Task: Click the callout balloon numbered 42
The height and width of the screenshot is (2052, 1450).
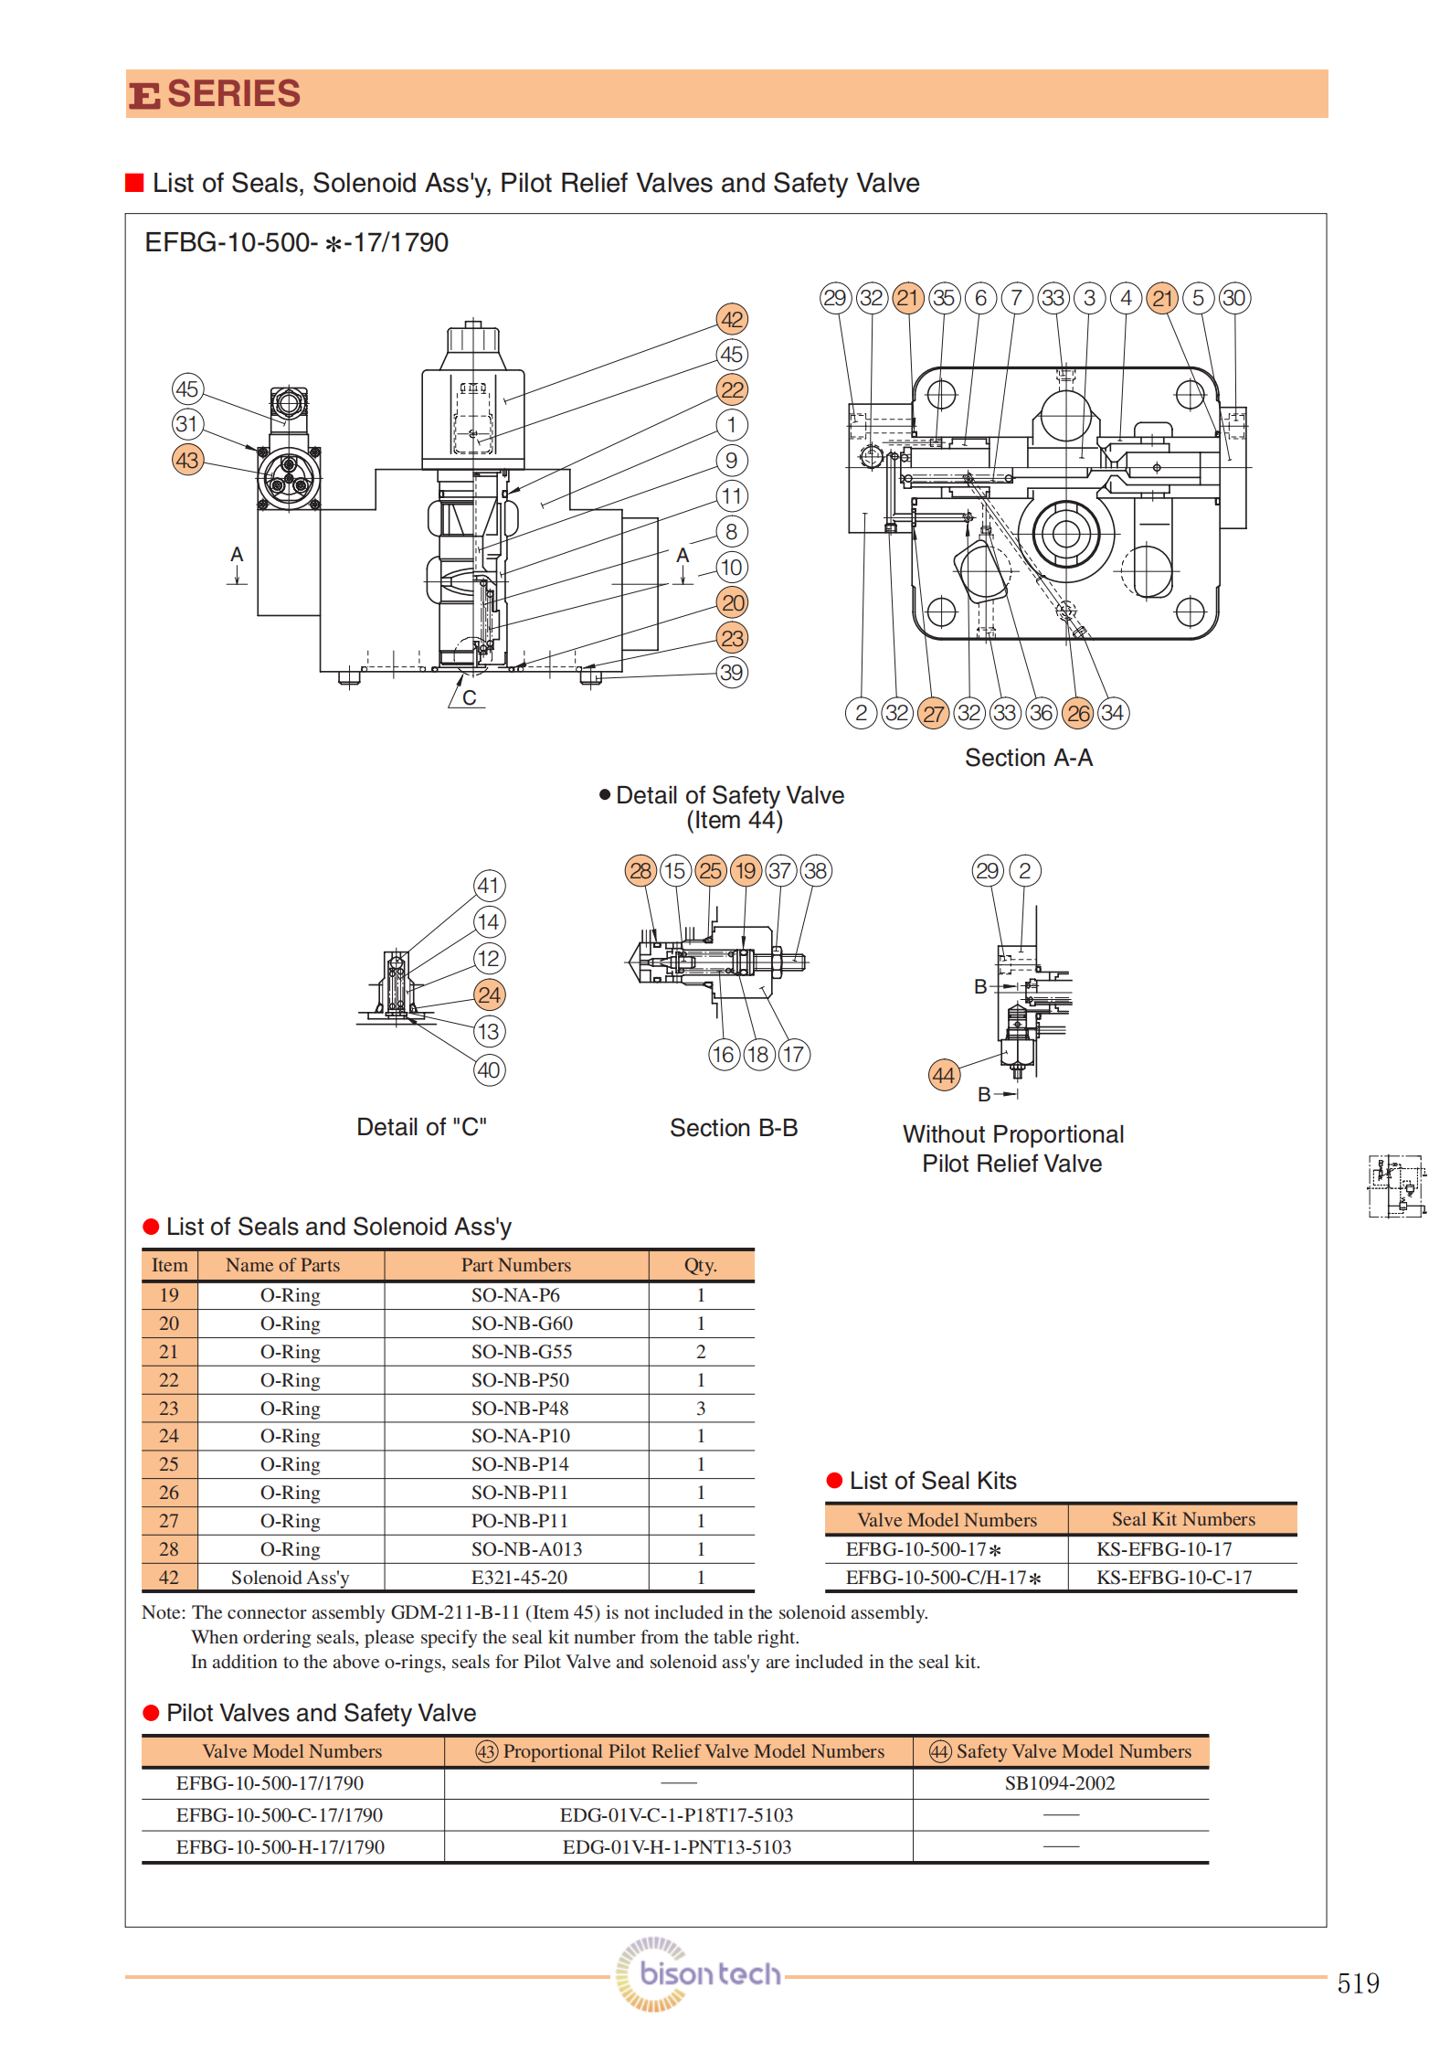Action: click(732, 319)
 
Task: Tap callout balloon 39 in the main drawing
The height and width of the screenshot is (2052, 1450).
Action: click(732, 673)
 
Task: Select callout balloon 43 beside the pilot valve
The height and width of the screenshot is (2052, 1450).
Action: click(187, 460)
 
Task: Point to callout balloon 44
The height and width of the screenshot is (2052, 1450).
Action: click(944, 1075)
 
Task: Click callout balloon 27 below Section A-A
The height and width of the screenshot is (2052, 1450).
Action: click(933, 713)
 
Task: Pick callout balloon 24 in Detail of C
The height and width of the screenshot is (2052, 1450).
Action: click(489, 994)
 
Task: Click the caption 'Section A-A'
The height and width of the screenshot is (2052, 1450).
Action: click(1029, 758)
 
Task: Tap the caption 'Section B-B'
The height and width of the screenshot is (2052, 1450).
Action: click(734, 1128)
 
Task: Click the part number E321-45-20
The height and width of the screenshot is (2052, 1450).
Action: click(519, 1577)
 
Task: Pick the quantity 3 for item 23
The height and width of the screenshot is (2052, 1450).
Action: click(701, 1408)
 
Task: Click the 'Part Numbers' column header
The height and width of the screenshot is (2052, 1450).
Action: click(515, 1265)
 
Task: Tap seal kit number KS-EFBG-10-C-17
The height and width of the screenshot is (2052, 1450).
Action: click(1174, 1577)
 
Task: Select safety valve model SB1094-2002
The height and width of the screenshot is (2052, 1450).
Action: click(1060, 1782)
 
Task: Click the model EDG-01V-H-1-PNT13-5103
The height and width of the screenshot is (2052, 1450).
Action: click(677, 1846)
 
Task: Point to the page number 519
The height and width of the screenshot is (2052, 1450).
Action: click(1358, 1983)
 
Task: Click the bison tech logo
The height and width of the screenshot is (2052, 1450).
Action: click(699, 1974)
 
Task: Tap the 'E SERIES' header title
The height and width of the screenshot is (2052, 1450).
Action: click(216, 94)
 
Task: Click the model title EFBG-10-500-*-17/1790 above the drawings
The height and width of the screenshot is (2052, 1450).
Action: click(297, 242)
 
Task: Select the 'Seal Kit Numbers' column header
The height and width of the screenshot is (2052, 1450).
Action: click(1183, 1519)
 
